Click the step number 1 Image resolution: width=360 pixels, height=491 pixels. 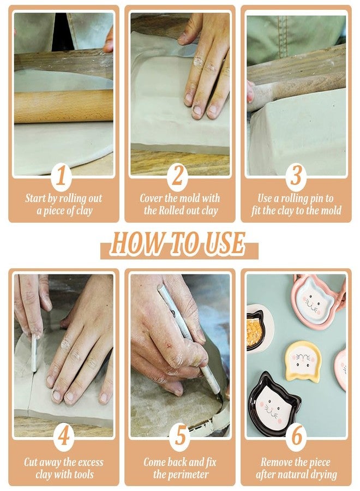pyautogui.click(x=62, y=176)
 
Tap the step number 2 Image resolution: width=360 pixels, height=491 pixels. pyautogui.click(x=177, y=176)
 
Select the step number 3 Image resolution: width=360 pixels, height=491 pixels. pyautogui.click(x=296, y=176)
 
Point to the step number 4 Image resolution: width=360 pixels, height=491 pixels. pyautogui.click(x=64, y=436)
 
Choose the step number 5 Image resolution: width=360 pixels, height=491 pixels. pyautogui.click(x=180, y=436)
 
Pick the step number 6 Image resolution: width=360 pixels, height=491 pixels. pyautogui.click(x=296, y=436)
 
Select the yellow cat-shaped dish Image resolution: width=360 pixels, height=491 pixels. pyautogui.click(x=303, y=361)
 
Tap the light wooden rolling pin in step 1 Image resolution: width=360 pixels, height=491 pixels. pyautogui.click(x=63, y=106)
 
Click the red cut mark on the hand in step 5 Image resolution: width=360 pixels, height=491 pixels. pyautogui.click(x=170, y=346)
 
